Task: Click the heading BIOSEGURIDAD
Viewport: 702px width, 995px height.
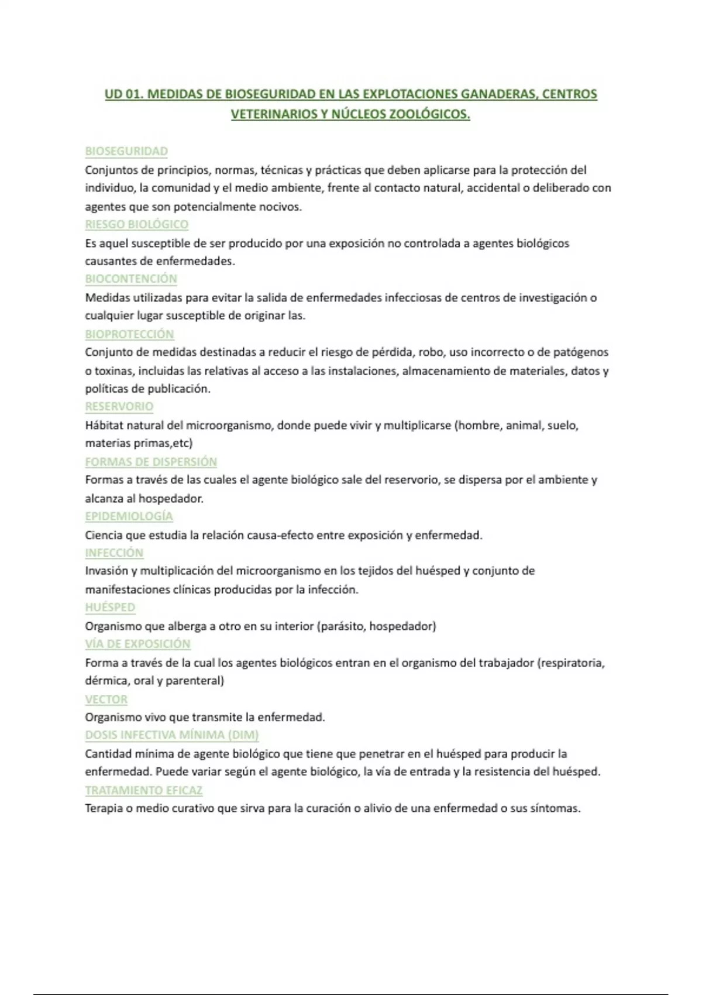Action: click(x=126, y=151)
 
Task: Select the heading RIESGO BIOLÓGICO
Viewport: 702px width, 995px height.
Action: click(x=136, y=224)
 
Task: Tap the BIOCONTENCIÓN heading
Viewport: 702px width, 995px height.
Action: click(x=131, y=279)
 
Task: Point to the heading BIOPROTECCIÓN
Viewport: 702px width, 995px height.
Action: click(x=129, y=334)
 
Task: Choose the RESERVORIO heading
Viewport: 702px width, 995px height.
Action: click(x=119, y=406)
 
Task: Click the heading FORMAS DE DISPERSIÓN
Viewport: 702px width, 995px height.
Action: click(x=151, y=462)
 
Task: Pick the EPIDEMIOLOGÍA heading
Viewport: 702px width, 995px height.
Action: click(x=129, y=516)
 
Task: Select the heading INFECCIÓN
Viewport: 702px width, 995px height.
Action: click(x=114, y=553)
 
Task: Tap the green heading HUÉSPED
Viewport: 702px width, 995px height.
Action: click(x=110, y=607)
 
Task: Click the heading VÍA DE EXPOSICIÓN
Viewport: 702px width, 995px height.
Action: click(x=137, y=644)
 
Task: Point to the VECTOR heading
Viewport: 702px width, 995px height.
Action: click(x=106, y=699)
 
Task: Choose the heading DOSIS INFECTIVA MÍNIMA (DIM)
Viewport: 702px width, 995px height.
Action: click(x=172, y=735)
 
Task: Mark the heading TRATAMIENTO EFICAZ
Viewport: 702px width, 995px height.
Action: click(x=144, y=790)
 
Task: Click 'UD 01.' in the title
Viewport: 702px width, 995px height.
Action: click(x=123, y=94)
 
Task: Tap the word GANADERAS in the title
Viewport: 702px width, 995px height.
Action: click(x=497, y=94)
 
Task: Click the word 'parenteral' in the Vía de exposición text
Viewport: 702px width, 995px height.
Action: click(x=194, y=681)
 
